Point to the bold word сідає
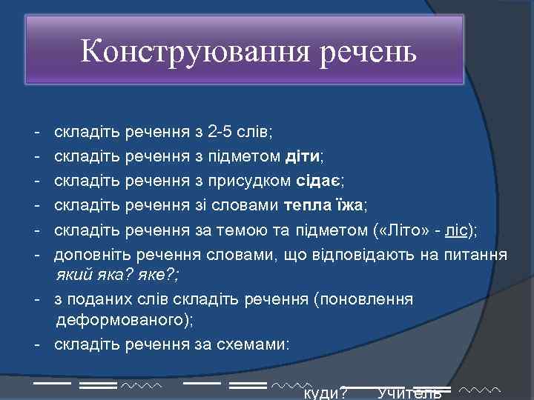point(319,180)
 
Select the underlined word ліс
point(457,230)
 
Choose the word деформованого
point(121,320)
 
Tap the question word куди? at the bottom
point(326,393)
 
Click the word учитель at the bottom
point(409,393)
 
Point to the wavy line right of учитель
point(480,388)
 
